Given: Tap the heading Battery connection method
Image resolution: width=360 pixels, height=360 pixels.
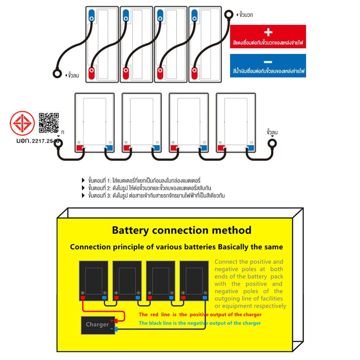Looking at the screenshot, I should (x=181, y=230).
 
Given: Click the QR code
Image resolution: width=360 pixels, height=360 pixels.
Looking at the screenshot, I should (x=49, y=123).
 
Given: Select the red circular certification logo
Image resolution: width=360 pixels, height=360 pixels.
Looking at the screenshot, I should (x=22, y=123).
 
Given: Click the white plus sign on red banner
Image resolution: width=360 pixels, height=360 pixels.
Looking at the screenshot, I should (x=268, y=32).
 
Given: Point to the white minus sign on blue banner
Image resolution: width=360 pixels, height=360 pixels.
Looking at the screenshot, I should (x=268, y=61).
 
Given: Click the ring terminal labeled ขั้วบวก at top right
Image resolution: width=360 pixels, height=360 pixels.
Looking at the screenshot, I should (x=229, y=15).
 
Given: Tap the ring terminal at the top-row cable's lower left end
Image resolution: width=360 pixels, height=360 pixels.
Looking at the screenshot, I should (x=57, y=74).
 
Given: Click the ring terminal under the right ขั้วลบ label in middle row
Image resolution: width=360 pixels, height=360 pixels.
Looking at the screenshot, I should (x=272, y=143).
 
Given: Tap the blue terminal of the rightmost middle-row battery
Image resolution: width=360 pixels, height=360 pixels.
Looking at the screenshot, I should (x=250, y=148).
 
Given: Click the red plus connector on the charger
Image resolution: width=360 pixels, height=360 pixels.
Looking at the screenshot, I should (x=116, y=321).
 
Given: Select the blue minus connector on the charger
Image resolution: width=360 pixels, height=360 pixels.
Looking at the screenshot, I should (x=116, y=329).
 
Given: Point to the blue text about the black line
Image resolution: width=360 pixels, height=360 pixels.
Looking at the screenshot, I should (x=200, y=323).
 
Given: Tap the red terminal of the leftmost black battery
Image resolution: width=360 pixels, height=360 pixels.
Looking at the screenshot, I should (x=83, y=298).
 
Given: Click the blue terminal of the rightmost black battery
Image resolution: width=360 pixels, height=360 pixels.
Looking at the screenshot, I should (x=204, y=298).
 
